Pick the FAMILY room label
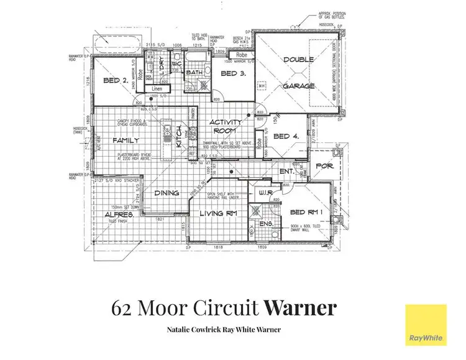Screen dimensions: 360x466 pyautogui.click(x=126, y=141)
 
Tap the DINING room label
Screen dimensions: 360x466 pyautogui.click(x=167, y=193)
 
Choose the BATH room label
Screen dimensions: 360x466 pyautogui.click(x=195, y=73)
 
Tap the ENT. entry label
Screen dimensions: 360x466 pyautogui.click(x=286, y=170)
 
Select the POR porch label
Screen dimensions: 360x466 pyautogui.click(x=326, y=166)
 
